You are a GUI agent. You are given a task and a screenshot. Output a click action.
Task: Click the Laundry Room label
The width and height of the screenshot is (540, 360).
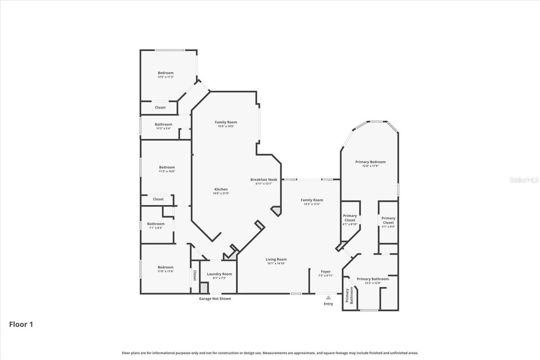point(219,274)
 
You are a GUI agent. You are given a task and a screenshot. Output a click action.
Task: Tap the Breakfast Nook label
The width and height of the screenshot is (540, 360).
point(264,179)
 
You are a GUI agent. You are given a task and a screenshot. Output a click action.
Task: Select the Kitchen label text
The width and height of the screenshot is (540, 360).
point(221,189)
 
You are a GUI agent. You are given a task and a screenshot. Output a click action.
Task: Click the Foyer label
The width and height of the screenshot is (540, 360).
point(325,271)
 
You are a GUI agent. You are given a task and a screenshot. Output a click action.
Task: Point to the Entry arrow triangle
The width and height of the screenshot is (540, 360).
point(328,298)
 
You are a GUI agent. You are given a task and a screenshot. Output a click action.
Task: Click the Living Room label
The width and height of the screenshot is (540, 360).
point(276,259)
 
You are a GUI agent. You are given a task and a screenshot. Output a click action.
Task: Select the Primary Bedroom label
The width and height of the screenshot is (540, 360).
point(370,162)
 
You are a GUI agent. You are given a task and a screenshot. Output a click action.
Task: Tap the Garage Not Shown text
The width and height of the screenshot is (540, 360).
point(215,299)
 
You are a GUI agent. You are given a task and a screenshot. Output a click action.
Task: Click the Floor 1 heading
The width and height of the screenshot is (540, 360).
point(21,324)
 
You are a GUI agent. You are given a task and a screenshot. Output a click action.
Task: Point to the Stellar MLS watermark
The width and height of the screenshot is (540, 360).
point(524,180)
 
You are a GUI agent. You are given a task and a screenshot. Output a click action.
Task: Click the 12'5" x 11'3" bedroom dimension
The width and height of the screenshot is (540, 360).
point(166,77)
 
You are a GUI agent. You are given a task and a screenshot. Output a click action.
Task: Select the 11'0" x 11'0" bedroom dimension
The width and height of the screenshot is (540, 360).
point(165,271)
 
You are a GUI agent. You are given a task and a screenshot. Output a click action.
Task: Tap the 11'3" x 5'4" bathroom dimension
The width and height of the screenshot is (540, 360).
point(163,128)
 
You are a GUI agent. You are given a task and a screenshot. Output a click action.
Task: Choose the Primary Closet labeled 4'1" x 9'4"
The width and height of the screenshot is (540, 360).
point(388,220)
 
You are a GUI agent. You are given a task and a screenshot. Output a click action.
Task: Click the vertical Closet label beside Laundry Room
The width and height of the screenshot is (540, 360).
point(195,276)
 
